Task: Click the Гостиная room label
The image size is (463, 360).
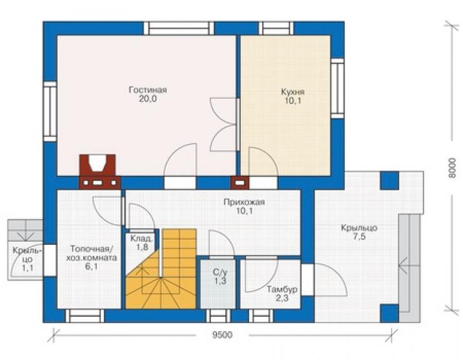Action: click(148, 90)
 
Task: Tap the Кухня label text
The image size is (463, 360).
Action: click(293, 92)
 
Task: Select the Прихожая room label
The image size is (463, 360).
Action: click(244, 202)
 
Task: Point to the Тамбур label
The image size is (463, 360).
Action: click(282, 289)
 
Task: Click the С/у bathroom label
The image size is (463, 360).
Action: click(220, 272)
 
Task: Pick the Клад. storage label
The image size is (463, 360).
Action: click(142, 239)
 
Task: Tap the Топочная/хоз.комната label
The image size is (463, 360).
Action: click(91, 253)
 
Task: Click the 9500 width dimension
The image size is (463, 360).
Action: click(222, 335)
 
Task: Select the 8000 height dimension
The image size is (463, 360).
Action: click(452, 168)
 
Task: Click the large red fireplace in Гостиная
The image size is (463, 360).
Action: click(99, 172)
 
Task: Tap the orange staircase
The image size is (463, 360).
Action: click(161, 269)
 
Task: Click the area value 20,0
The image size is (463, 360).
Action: click(148, 99)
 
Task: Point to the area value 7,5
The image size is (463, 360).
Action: click(359, 237)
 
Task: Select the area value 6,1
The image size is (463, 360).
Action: click(91, 267)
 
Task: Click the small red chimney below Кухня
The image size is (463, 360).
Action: click(240, 183)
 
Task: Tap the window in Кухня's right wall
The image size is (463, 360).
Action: click(337, 88)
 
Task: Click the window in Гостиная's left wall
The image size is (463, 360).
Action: click(50, 111)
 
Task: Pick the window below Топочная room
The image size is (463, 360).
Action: click(84, 316)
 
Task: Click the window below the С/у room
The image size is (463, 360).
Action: click(218, 316)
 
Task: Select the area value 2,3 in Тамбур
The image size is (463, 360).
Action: click(282, 299)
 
